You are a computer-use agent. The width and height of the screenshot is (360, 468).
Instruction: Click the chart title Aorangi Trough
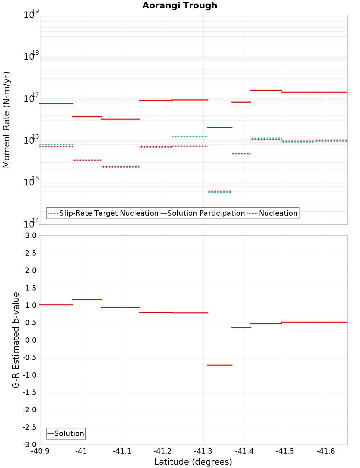coord(180,5)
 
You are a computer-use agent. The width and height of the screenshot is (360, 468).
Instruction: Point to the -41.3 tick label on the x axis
coord(203,451)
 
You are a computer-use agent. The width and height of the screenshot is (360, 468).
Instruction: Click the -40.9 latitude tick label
coord(40,451)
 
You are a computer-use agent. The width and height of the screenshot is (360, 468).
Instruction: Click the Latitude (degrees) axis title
coord(193,462)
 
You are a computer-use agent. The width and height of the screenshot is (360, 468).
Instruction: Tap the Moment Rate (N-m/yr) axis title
coord(6,120)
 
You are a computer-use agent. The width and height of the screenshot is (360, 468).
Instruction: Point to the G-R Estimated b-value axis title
coord(16,340)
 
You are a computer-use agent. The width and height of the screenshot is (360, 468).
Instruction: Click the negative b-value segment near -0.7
coord(220,365)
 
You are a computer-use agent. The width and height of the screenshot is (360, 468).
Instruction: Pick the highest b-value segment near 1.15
coord(87,300)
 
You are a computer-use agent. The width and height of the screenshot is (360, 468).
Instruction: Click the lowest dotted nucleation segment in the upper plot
coord(220,191)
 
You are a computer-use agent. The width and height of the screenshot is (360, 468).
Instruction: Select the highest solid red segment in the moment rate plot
coord(266,90)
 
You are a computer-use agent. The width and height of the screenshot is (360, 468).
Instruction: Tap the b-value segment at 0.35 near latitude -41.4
coord(241,327)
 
